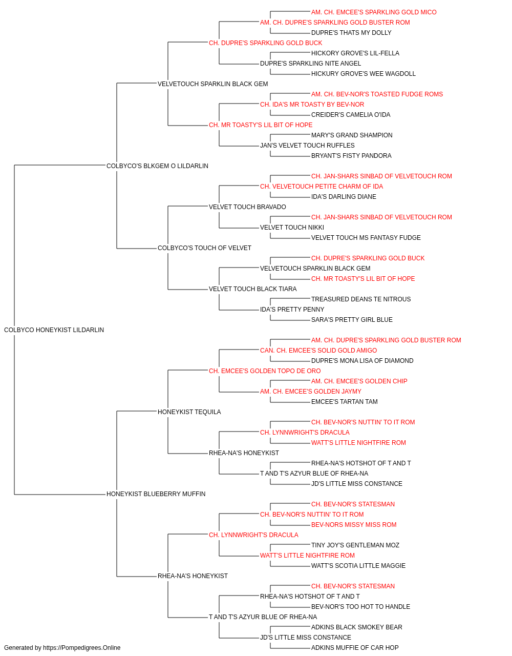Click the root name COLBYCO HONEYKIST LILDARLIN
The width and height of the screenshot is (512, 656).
[54, 330]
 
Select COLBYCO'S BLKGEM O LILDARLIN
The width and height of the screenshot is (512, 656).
[157, 166]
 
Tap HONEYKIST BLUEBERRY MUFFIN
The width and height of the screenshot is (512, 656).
[156, 494]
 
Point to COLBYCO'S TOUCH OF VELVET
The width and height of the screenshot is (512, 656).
[204, 248]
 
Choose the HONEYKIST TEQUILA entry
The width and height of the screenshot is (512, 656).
[189, 412]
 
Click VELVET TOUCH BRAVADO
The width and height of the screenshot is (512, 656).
[247, 207]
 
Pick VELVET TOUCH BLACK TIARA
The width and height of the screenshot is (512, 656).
[253, 289]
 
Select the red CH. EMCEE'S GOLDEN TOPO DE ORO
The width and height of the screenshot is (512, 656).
[265, 371]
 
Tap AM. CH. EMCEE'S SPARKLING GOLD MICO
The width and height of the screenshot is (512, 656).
[374, 12]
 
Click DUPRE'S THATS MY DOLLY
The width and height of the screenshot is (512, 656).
[351, 33]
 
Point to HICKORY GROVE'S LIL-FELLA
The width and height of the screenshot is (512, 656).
[355, 53]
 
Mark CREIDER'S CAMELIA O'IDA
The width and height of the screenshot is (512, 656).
[351, 115]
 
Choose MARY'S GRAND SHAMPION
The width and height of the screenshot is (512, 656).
[352, 135]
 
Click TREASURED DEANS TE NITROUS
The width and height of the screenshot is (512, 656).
[361, 299]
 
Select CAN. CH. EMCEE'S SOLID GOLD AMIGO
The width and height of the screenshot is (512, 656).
[318, 351]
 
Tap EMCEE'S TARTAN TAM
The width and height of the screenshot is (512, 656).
[345, 402]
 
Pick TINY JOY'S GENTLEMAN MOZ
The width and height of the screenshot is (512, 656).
[355, 545]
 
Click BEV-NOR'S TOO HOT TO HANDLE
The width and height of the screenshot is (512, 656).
[360, 607]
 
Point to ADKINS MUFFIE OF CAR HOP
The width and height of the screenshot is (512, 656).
[355, 648]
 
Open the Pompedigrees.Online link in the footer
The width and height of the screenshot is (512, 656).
[81, 648]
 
